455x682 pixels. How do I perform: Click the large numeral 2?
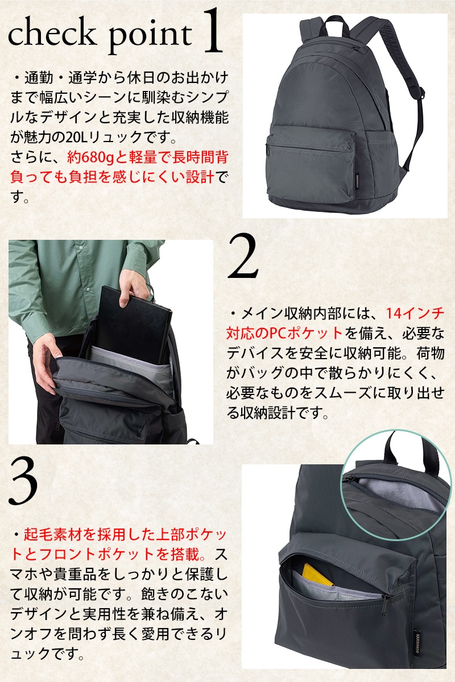[x=243, y=256]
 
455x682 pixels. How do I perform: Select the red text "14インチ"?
[x=415, y=313]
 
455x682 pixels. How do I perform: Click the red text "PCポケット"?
[x=306, y=333]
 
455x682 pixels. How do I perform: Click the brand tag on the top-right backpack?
[x=358, y=183]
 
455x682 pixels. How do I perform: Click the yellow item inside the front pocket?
[x=318, y=575]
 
